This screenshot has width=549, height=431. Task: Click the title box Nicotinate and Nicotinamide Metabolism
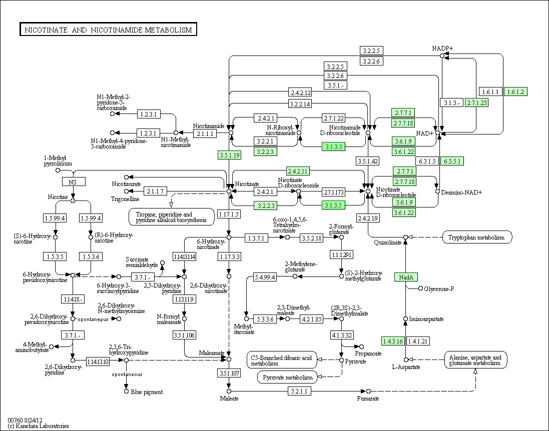point(108,29)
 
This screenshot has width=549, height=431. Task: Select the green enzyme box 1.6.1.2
point(515,91)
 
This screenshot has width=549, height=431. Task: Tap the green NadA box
point(406,277)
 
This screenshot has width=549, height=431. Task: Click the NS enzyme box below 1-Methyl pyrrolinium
point(74,182)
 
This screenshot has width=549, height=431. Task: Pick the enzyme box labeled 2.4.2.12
point(300,92)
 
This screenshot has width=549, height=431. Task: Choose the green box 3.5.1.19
point(229,155)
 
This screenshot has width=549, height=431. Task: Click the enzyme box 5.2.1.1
point(299,391)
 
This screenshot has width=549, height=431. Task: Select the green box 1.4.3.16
point(393,341)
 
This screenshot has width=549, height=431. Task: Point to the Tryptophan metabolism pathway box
point(477,237)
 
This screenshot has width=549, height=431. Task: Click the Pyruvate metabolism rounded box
point(287,377)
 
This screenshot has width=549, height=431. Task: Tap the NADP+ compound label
point(442,48)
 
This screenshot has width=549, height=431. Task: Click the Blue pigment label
point(147,392)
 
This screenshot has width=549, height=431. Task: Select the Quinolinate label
point(387,242)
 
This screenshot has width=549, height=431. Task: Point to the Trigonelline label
point(125,199)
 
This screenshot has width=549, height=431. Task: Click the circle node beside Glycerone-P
point(420,288)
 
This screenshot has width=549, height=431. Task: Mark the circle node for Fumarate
point(368,391)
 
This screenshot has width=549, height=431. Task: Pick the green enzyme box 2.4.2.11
point(298,171)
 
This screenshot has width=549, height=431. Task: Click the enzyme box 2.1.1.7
point(155,191)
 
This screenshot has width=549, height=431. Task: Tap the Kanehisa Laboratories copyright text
point(38,426)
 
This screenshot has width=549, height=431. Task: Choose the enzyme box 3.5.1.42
point(368,161)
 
